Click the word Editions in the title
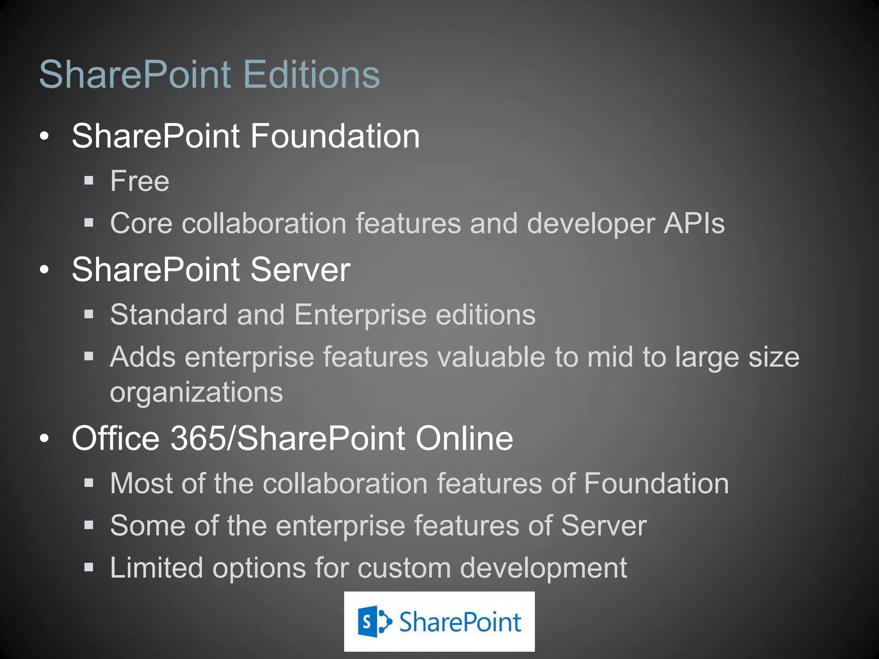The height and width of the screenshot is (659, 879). pos(312,75)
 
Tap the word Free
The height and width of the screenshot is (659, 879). pos(139,181)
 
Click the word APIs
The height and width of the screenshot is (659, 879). pos(694,224)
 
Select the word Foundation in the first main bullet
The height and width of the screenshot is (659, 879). pos(335,136)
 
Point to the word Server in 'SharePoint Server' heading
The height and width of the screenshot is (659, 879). pos(300,270)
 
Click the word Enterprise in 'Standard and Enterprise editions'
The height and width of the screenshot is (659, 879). pos(361,315)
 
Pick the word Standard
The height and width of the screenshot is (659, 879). pos(169,315)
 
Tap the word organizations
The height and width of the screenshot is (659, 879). pos(196,392)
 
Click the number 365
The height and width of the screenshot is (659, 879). pos(198,438)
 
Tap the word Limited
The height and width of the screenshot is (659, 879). pos(156,568)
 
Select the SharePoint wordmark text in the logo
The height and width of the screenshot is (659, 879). pos(460,622)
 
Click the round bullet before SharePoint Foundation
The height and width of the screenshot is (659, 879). pos(44,136)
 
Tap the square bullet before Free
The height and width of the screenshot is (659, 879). pos(89,181)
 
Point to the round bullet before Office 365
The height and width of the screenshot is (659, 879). pos(44,438)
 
